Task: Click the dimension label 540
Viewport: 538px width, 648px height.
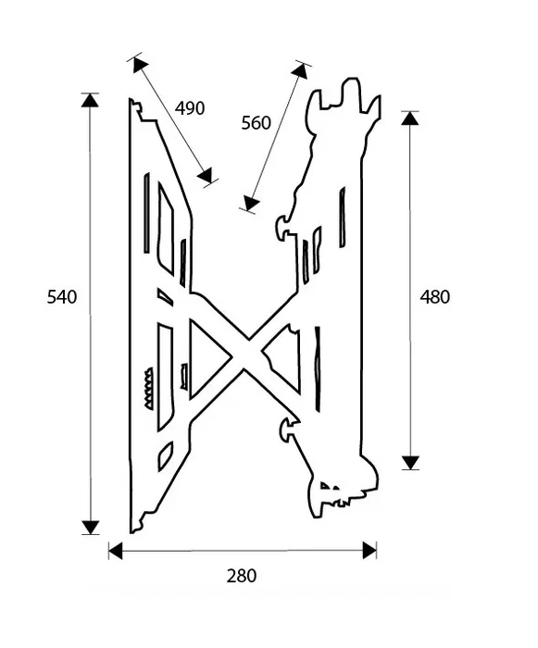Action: pos(62,297)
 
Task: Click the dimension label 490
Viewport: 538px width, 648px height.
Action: pos(190,108)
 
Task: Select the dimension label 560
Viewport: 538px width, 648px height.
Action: pos(256,123)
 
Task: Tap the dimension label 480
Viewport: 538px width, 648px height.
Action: pos(434,297)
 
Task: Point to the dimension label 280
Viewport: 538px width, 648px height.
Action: pos(242,576)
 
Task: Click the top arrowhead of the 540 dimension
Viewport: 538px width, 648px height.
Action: pos(90,100)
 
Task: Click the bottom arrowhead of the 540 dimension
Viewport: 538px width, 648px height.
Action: pos(90,528)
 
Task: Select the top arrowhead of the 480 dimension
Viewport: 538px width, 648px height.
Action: pos(410,118)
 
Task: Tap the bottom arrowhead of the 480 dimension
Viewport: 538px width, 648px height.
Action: pos(410,463)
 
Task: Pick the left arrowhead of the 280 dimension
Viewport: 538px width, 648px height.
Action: pos(116,551)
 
